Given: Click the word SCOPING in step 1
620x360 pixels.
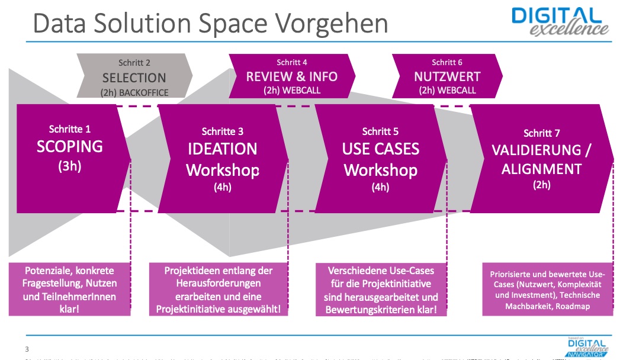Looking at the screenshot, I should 70,146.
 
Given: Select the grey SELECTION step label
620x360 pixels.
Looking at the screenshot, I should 134,78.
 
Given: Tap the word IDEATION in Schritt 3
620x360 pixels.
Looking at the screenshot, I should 223,149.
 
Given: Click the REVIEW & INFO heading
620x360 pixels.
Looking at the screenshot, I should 292,76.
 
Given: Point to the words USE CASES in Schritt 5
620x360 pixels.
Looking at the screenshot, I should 380,149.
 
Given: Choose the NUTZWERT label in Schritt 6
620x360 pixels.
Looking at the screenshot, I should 447,76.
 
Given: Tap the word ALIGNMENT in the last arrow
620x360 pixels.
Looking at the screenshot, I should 541,169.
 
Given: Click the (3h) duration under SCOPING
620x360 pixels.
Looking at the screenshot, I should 70,166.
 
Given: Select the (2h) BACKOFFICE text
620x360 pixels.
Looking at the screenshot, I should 134,92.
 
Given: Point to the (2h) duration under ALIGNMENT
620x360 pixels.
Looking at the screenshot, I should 541,185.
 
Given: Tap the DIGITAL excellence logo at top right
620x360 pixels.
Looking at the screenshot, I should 560,21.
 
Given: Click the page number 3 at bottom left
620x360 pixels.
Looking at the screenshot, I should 27,349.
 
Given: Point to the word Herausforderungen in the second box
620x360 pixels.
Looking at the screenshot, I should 219,284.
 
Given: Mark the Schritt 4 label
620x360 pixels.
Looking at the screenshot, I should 292,62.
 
